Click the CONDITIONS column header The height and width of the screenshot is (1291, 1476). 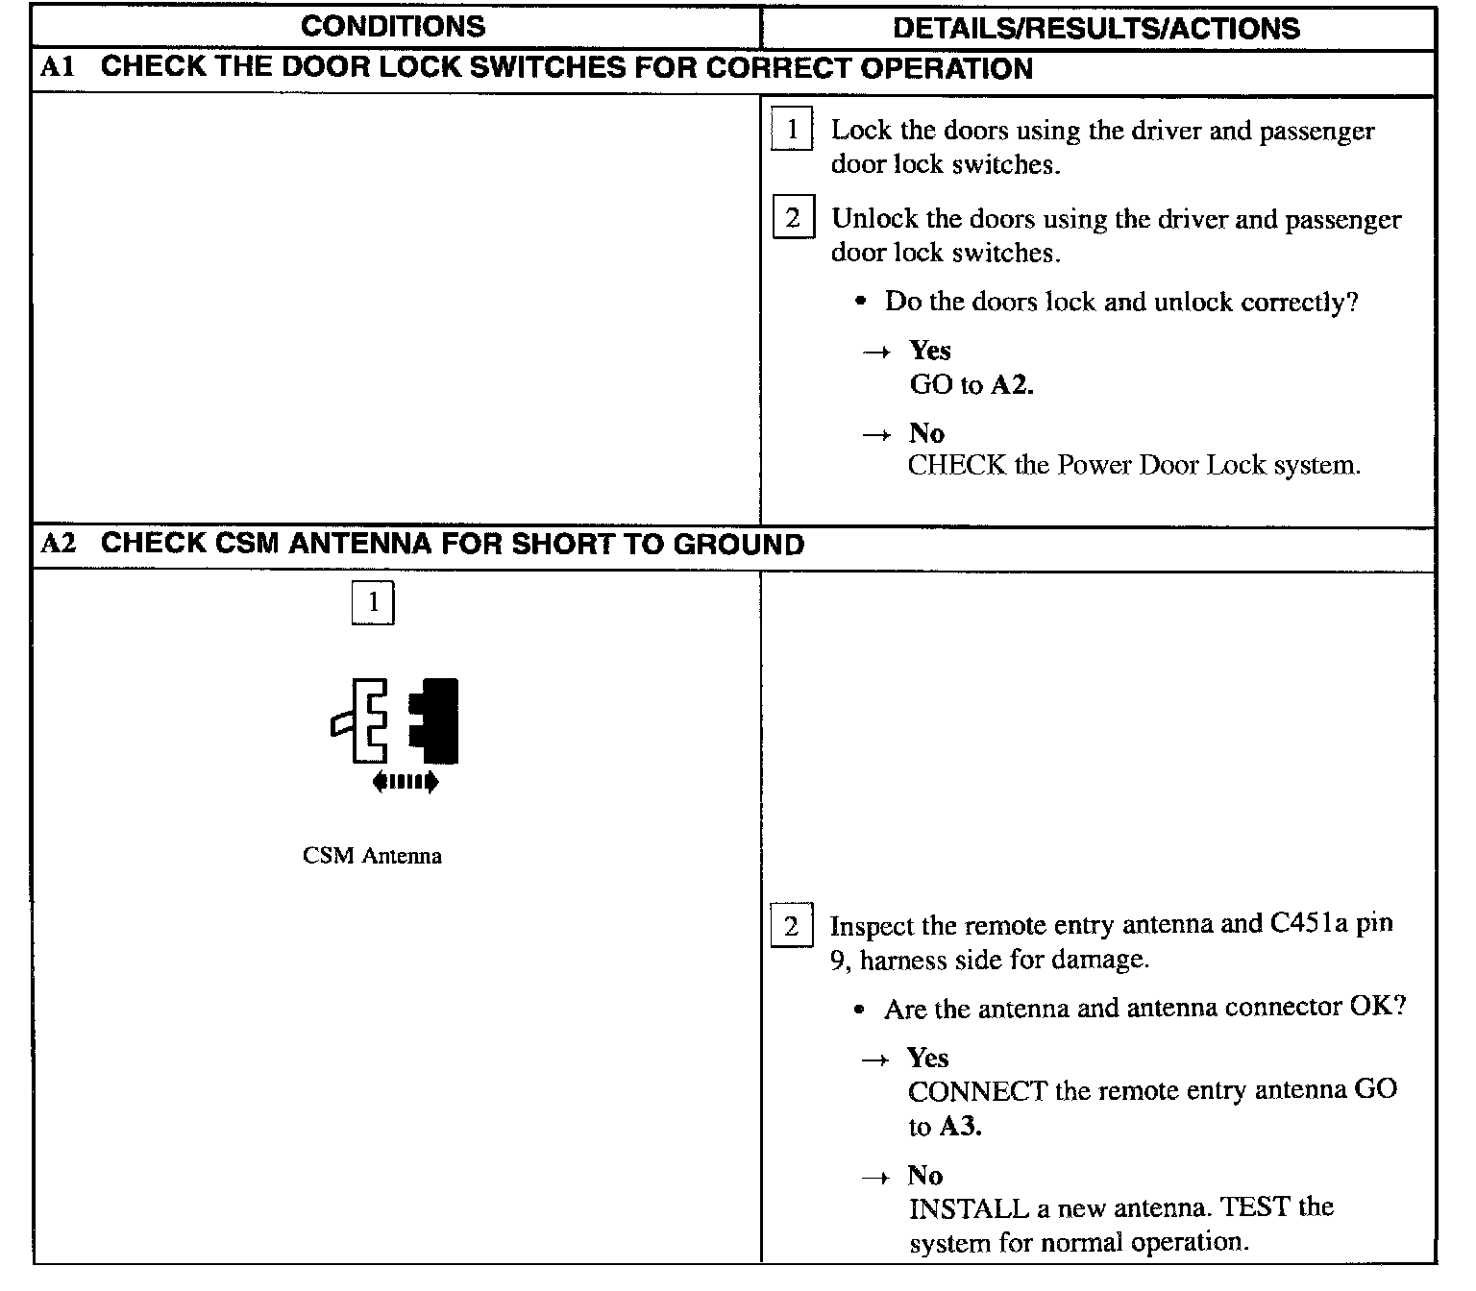coord(393,26)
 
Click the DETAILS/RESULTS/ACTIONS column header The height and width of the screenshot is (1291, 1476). coord(1095,27)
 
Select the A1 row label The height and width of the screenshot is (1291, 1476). coord(57,68)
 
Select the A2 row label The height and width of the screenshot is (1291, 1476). coord(58,544)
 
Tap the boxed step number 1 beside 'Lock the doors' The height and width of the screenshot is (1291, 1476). coord(792,130)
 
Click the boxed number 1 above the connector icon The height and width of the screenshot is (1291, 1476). coord(373,603)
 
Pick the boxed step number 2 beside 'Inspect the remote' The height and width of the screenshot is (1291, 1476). coord(791,926)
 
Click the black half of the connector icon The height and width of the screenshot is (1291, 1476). coord(437,720)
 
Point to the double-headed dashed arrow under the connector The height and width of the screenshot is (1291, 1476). coord(406,783)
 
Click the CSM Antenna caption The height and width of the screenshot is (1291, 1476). coord(372,856)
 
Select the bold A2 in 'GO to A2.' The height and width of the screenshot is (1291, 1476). coord(1012,385)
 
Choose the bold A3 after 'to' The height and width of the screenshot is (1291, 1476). coord(960,1126)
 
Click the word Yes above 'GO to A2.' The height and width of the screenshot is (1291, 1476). coord(930,350)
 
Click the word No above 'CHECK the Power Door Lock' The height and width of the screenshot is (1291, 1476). coord(926,433)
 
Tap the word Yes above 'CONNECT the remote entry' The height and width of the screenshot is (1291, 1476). coord(928,1058)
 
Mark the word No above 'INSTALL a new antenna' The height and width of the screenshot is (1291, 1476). coord(924,1175)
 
